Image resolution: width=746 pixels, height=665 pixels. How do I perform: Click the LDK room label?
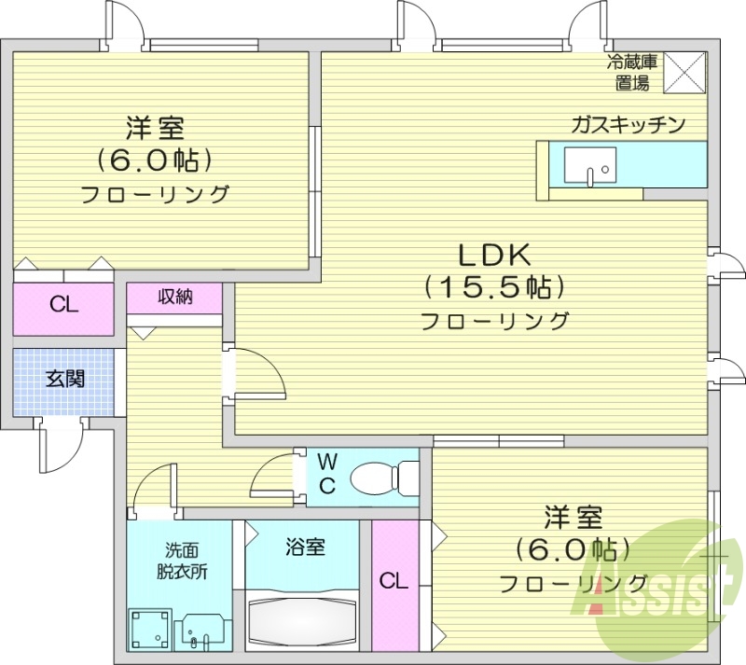pos(493,253)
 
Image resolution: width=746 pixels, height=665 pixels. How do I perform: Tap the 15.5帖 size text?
pos(493,286)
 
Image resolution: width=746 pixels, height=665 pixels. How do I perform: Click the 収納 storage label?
pos(174,298)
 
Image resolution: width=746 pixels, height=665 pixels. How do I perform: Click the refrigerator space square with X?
pos(685,73)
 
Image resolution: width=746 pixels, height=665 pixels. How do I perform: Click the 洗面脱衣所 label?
pos(180,561)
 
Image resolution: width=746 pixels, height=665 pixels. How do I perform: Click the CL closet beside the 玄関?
pos(63,305)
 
